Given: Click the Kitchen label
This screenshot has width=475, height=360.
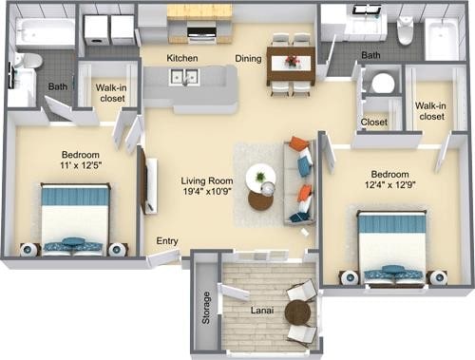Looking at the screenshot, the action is click(182, 58).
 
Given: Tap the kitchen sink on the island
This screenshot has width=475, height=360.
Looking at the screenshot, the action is click(185, 77).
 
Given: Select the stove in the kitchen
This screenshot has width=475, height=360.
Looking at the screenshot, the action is click(201, 33).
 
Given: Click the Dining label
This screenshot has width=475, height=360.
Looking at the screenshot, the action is click(248, 59).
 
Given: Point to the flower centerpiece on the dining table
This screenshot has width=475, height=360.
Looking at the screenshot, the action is click(292, 60).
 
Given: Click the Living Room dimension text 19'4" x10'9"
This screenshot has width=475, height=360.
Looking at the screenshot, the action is click(207, 191).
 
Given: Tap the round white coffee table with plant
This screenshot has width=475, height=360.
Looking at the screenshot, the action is click(260, 177).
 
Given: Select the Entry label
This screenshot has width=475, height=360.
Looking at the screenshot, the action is click(167, 241).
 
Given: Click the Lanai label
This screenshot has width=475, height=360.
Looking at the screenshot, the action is click(262, 311).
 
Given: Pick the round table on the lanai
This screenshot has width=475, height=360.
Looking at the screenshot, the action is click(297, 313).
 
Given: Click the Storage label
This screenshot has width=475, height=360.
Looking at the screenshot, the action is click(206, 308).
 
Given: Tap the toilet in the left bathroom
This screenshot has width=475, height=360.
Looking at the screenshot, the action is click(29, 61).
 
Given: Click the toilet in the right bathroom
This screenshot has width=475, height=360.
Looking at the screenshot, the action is click(406, 30).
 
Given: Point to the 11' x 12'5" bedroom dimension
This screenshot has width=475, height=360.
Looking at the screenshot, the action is click(81, 165).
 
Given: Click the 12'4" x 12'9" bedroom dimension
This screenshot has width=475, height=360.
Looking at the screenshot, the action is click(390, 184).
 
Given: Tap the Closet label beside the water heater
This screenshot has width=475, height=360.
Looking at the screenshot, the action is click(374, 123).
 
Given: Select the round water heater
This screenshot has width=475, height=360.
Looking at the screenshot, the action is click(383, 84).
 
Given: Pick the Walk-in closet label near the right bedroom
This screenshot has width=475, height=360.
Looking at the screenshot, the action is click(430, 111).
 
